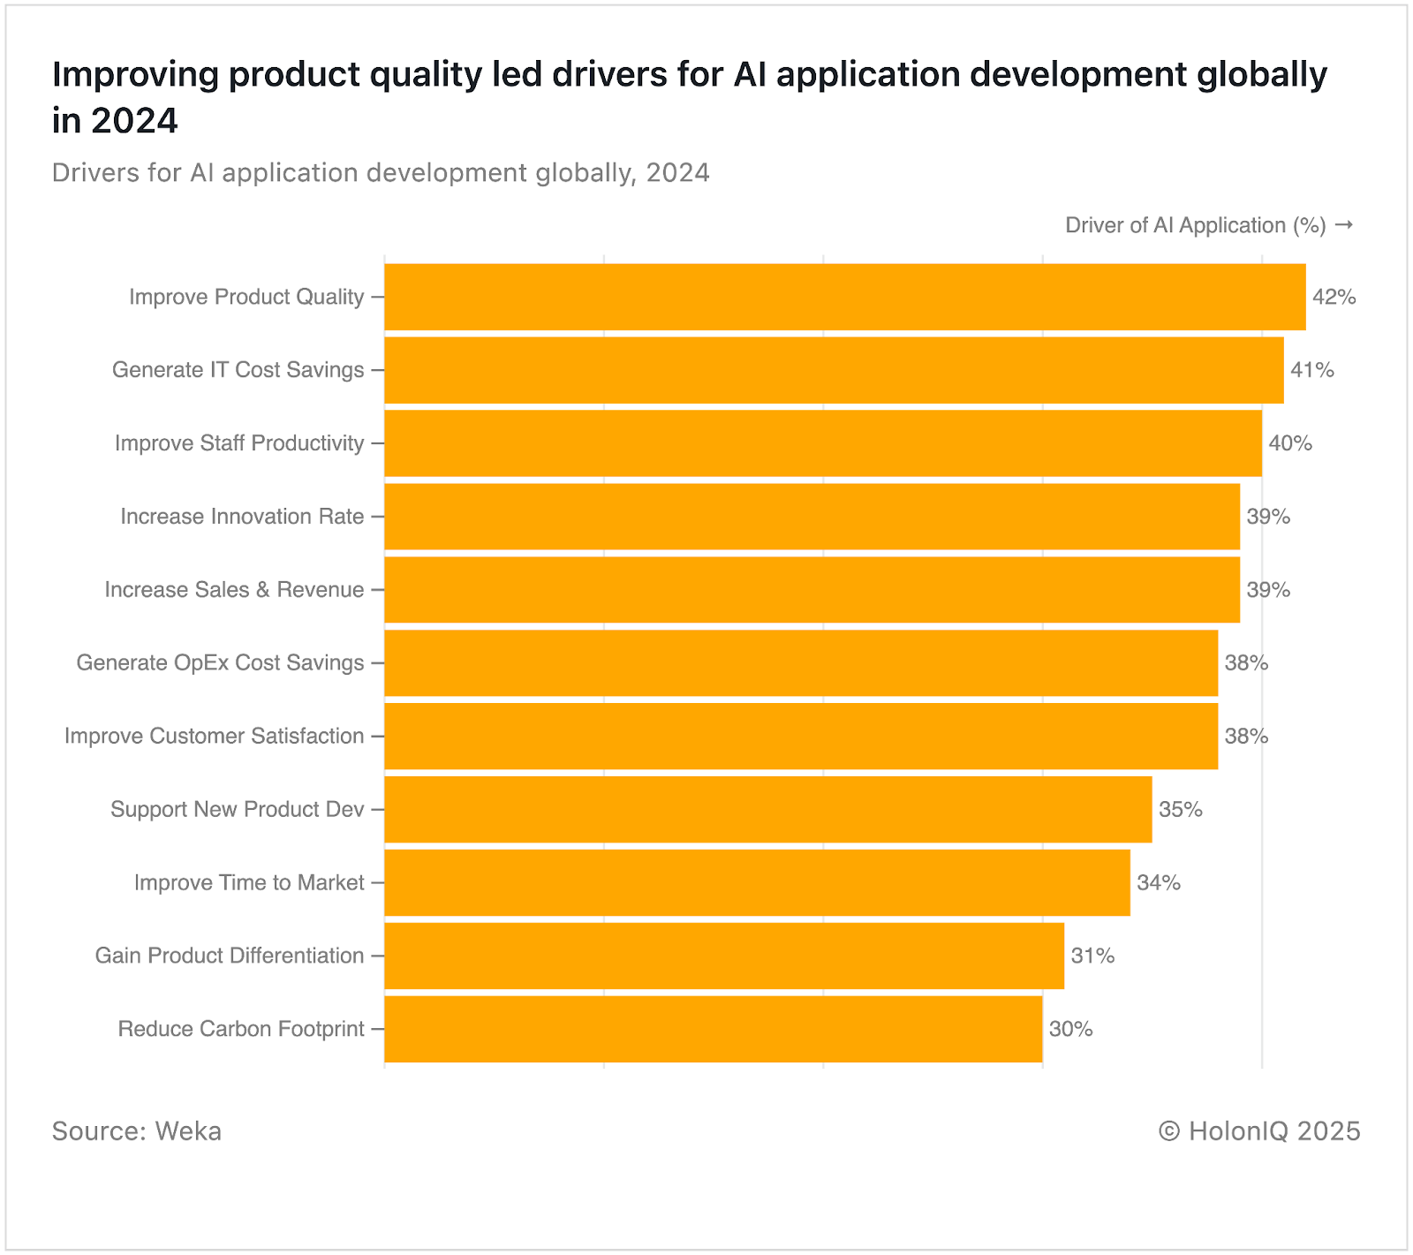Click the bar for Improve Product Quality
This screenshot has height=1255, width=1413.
point(844,297)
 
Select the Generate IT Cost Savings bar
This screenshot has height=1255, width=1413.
point(834,370)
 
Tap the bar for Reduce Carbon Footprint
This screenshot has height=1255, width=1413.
point(713,1029)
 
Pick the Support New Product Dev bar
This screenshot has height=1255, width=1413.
point(767,809)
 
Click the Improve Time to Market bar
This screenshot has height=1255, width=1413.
point(757,882)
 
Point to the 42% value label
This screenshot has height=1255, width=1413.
point(1334,297)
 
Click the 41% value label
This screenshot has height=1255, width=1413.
point(1311,370)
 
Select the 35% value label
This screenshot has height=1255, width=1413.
point(1180,809)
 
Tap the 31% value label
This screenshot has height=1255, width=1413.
point(1092,956)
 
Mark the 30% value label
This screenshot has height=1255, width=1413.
point(1070,1029)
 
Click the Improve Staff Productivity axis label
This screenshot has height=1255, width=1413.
point(239,443)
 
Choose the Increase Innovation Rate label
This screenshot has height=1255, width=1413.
point(242,517)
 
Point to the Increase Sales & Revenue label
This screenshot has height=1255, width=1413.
point(234,590)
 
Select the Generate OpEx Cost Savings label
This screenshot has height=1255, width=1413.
point(220,663)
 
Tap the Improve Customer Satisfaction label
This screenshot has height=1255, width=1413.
point(214,737)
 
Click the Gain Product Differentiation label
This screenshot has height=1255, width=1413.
point(230,956)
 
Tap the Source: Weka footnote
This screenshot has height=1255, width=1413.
point(137,1131)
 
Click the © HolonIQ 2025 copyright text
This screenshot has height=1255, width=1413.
point(1259,1131)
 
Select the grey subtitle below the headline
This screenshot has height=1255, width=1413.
point(381,172)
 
